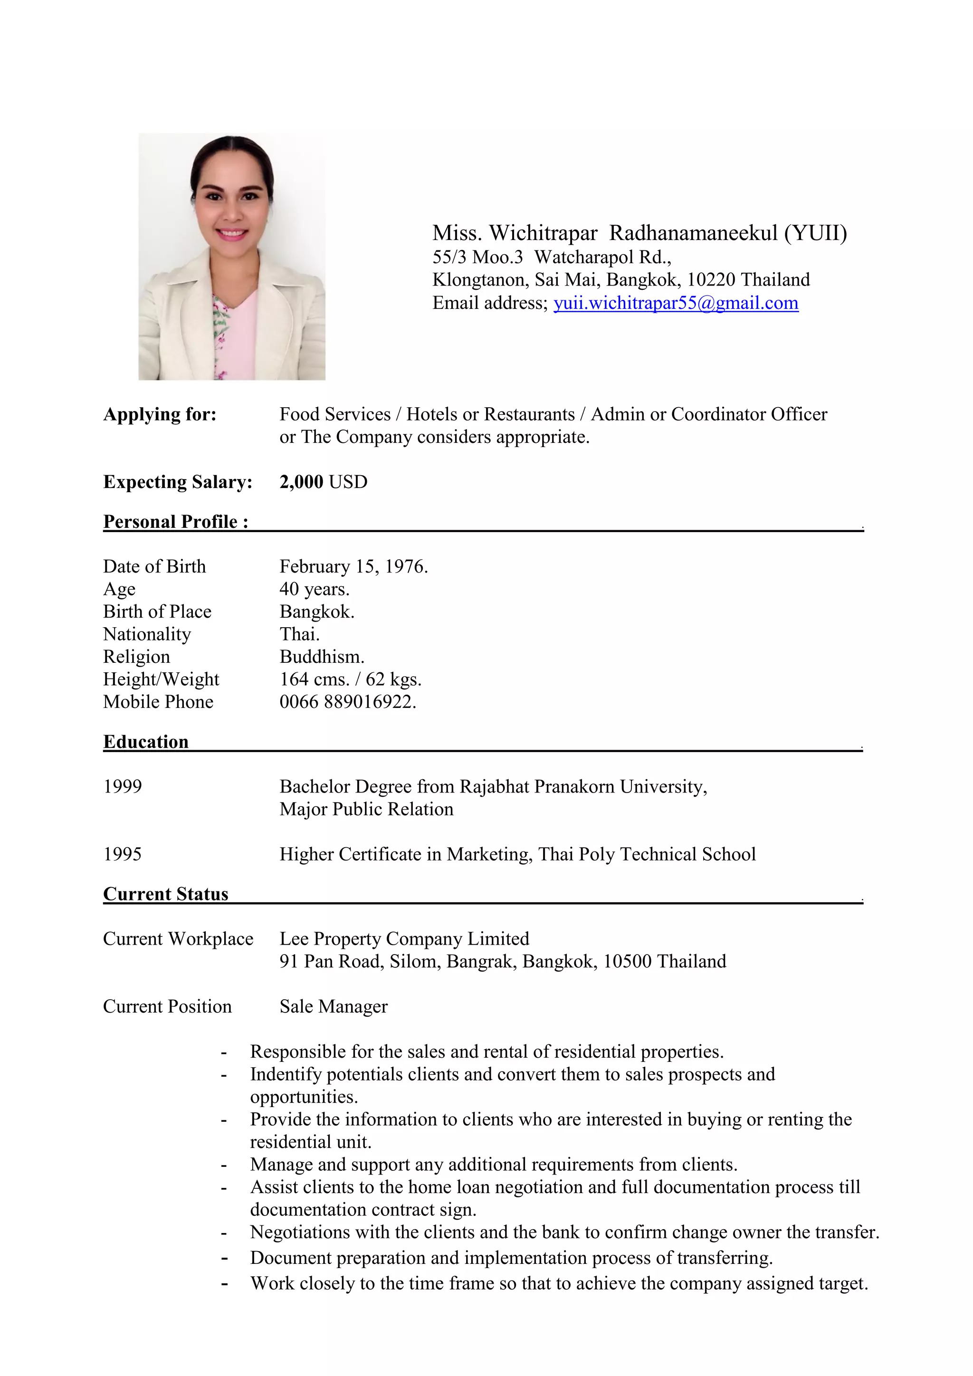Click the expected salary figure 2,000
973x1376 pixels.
pyautogui.click(x=301, y=482)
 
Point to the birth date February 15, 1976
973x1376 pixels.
pyautogui.click(x=353, y=566)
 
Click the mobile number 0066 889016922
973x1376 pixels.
pyautogui.click(x=347, y=702)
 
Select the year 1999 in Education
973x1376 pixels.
pyautogui.click(x=122, y=786)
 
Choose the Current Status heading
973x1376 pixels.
pyautogui.click(x=165, y=894)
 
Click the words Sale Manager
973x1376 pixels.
pyautogui.click(x=333, y=1006)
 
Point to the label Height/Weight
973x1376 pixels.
pyautogui.click(x=161, y=679)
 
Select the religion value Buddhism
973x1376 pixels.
pyautogui.click(x=322, y=657)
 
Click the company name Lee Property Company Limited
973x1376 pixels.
pyautogui.click(x=404, y=938)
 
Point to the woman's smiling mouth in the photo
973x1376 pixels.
pyautogui.click(x=231, y=233)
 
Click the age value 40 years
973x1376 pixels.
pyautogui.click(x=314, y=589)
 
